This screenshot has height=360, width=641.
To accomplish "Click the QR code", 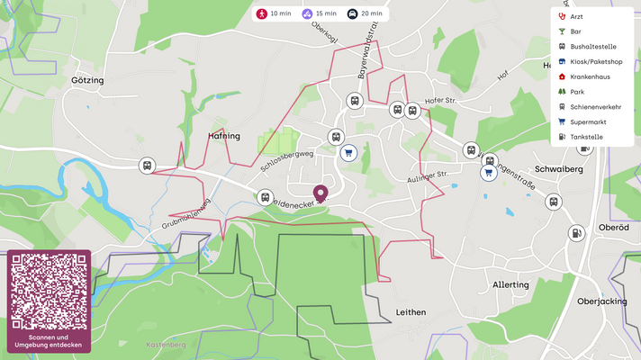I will point(50,292).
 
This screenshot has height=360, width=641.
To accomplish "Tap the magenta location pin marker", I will point(320,193).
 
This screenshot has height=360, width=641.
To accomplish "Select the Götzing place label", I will point(87,80).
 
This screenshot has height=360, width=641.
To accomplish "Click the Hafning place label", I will point(224,136).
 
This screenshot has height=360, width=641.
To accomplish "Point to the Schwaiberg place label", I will point(559,169).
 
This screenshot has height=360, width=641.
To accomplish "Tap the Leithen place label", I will point(410,312).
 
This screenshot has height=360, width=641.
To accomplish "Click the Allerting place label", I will point(510,284).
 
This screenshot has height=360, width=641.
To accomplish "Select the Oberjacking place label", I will point(601,301).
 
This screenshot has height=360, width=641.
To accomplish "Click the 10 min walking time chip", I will point(275,14).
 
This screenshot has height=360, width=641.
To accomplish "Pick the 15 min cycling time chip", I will point(320,14).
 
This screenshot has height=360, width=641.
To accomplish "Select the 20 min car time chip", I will point(366,14).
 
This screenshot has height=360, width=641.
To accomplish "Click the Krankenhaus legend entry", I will point(590,77).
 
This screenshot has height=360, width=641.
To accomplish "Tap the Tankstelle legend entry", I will point(586,137).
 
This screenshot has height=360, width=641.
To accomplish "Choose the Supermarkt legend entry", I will point(588,121).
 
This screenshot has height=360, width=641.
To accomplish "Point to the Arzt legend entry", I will point(576,16).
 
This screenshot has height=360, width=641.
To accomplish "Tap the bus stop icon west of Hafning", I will point(147,166).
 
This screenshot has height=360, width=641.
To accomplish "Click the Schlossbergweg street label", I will point(285,160).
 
